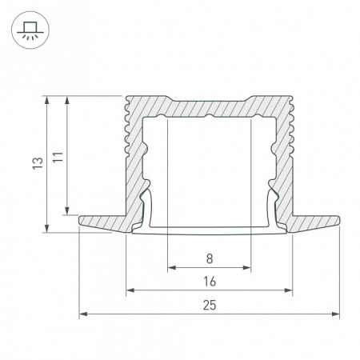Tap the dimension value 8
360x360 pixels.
click(209, 258)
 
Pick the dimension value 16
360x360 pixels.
click(209, 282)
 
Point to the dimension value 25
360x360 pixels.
click(209, 306)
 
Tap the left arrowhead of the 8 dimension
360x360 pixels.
click(170, 266)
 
